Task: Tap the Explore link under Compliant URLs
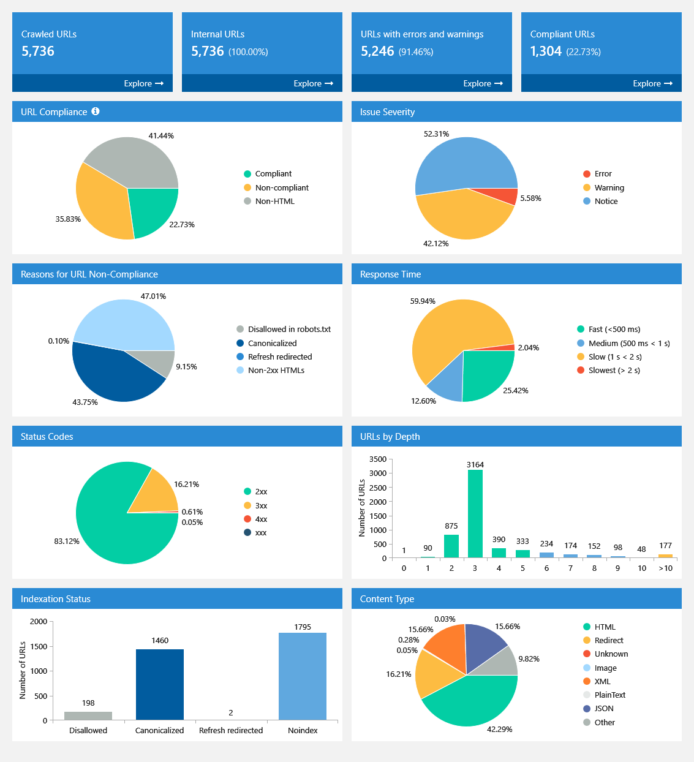pos(652,83)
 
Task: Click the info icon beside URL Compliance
pos(96,111)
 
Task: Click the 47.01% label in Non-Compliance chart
pos(153,296)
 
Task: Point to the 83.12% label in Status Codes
pos(67,541)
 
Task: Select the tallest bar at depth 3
pos(475,513)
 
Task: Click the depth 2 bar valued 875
pos(451,546)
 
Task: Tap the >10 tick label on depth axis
pos(665,568)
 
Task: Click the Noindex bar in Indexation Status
pos(303,676)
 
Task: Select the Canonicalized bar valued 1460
pos(160,684)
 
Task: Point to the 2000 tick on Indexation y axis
pos(39,622)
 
